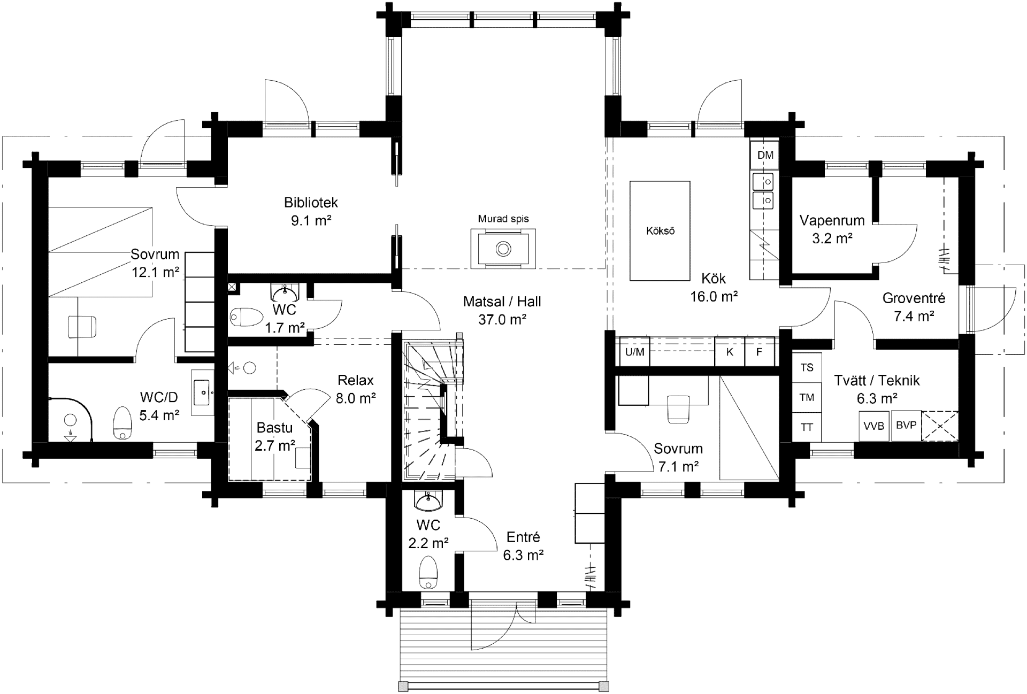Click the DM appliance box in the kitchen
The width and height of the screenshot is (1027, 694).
tap(765, 155)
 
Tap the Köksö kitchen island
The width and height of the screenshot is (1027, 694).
tap(660, 230)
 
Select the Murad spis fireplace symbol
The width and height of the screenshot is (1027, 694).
tap(503, 249)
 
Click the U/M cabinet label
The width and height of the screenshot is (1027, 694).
tap(634, 352)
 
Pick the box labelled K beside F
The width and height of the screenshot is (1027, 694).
tap(730, 352)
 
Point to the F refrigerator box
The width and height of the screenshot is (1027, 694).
tap(759, 352)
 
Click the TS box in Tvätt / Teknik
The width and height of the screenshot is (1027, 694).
tap(807, 368)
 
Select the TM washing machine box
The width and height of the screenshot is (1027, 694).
tap(807, 397)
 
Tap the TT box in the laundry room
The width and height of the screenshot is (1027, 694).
tap(807, 427)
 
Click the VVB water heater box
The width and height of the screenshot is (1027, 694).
tap(874, 426)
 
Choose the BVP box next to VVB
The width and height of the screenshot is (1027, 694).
tap(906, 426)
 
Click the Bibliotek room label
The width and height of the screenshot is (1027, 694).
tap(311, 203)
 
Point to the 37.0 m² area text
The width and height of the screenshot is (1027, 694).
tap(502, 319)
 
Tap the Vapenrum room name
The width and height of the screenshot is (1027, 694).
tap(832, 220)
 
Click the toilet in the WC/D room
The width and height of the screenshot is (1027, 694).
tap(122, 423)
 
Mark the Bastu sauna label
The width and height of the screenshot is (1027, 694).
tap(274, 427)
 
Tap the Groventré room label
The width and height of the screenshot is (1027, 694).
tap(914, 298)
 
